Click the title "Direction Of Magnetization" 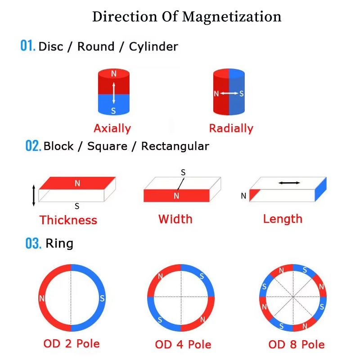tap(187, 17)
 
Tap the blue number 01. tap(27, 46)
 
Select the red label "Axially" tap(112, 128)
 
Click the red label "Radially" tap(231, 128)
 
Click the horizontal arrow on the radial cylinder tap(229, 94)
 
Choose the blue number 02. tap(33, 146)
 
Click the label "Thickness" tap(68, 220)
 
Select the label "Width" tap(175, 219)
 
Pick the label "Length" tap(283, 219)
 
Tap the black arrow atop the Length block tap(289, 183)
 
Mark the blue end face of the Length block tap(320, 189)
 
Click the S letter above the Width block tap(183, 172)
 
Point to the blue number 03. tap(33, 244)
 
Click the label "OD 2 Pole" tap(72, 344)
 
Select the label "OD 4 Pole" tap(183, 345)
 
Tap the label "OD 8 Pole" tap(296, 345)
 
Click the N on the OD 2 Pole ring tap(42, 298)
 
